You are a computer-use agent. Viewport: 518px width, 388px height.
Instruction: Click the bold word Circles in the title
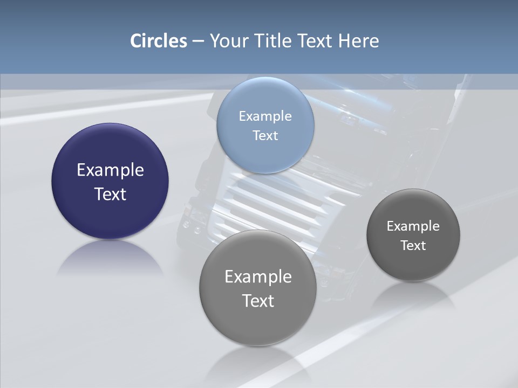click(159, 41)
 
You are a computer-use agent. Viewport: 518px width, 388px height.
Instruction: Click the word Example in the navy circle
click(110, 170)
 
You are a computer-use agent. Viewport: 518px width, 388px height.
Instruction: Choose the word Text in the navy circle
click(110, 194)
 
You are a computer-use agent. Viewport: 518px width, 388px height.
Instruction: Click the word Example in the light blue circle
click(265, 116)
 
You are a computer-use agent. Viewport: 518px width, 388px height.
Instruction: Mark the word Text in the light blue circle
click(265, 135)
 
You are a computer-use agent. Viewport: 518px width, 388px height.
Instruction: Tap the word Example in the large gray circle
click(258, 277)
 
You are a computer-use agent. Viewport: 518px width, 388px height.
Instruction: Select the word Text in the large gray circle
click(258, 301)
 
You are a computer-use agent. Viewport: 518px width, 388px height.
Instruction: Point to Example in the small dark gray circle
click(413, 226)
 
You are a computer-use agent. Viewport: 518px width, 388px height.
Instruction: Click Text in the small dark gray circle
click(413, 246)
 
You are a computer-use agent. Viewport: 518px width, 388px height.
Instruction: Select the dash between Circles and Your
click(198, 41)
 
